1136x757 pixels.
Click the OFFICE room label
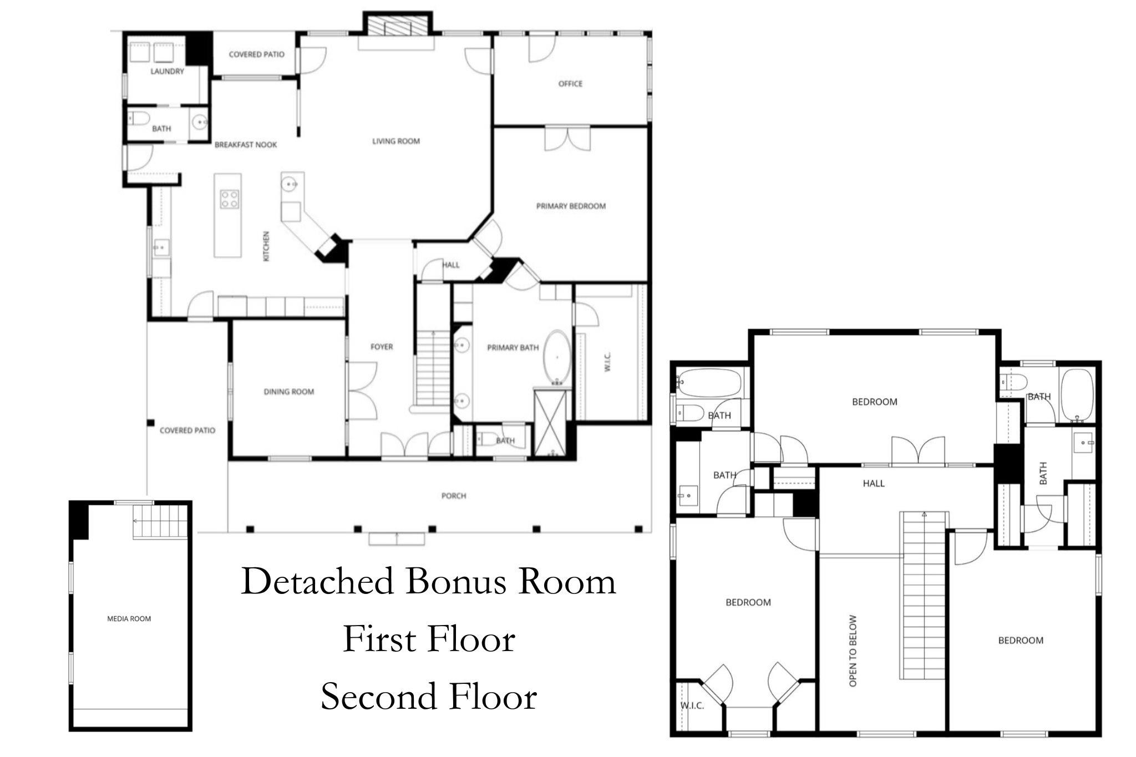coord(570,84)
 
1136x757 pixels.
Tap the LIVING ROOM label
coord(395,141)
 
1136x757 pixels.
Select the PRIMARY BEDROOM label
coord(570,206)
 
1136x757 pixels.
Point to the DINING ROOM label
coord(288,392)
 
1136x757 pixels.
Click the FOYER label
coord(382,347)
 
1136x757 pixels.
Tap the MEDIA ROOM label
coord(129,619)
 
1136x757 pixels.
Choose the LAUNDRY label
coord(167,72)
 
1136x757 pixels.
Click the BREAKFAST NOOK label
coord(246,145)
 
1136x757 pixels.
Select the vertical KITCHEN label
coord(266,246)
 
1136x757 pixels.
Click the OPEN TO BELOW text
coord(853,651)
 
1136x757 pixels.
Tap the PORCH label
coord(453,496)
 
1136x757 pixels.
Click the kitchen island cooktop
coord(229,199)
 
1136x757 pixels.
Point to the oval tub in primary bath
coord(557,358)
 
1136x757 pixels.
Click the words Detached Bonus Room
coord(428,582)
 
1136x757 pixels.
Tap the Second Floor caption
coord(428,697)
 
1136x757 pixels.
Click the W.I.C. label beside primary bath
coord(607,362)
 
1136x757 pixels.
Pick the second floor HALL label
coord(874,484)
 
